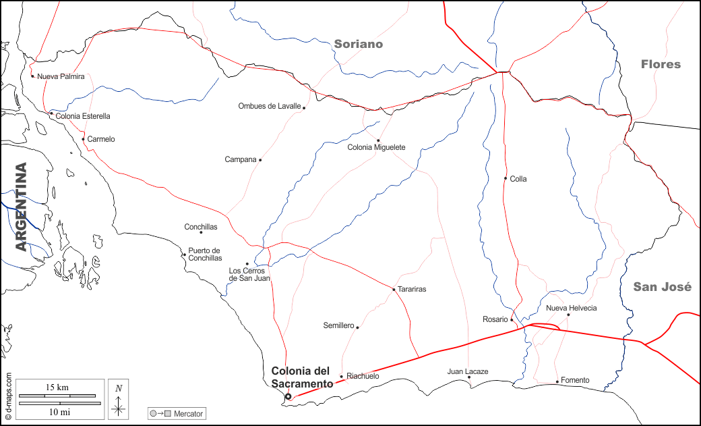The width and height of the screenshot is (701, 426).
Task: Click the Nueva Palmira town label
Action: click(61, 76)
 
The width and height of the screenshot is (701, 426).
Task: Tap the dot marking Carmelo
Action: click(83, 139)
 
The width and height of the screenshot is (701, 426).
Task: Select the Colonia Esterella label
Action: click(83, 116)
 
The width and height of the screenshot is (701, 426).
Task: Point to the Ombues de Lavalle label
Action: click(270, 106)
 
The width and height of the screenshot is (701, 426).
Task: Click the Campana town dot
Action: click(260, 160)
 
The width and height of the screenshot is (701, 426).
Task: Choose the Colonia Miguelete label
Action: click(376, 147)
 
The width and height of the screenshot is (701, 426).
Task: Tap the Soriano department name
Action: click(358, 44)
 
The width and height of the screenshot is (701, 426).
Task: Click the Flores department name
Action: click(661, 65)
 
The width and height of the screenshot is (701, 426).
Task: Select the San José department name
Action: click(662, 287)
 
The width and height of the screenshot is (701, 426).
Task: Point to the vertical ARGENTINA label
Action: click(22, 207)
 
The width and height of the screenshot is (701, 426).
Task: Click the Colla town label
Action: click(518, 179)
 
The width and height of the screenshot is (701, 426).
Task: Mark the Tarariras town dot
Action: click(394, 290)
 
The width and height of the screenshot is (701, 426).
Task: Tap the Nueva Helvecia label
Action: click(571, 309)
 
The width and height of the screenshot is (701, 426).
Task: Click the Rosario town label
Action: click(495, 319)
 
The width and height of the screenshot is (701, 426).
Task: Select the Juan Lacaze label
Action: click(467, 371)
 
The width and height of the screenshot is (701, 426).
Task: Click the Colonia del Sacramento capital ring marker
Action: click(288, 397)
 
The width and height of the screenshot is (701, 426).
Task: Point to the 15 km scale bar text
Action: click(58, 387)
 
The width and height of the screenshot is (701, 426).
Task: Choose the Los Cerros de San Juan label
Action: click(249, 274)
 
